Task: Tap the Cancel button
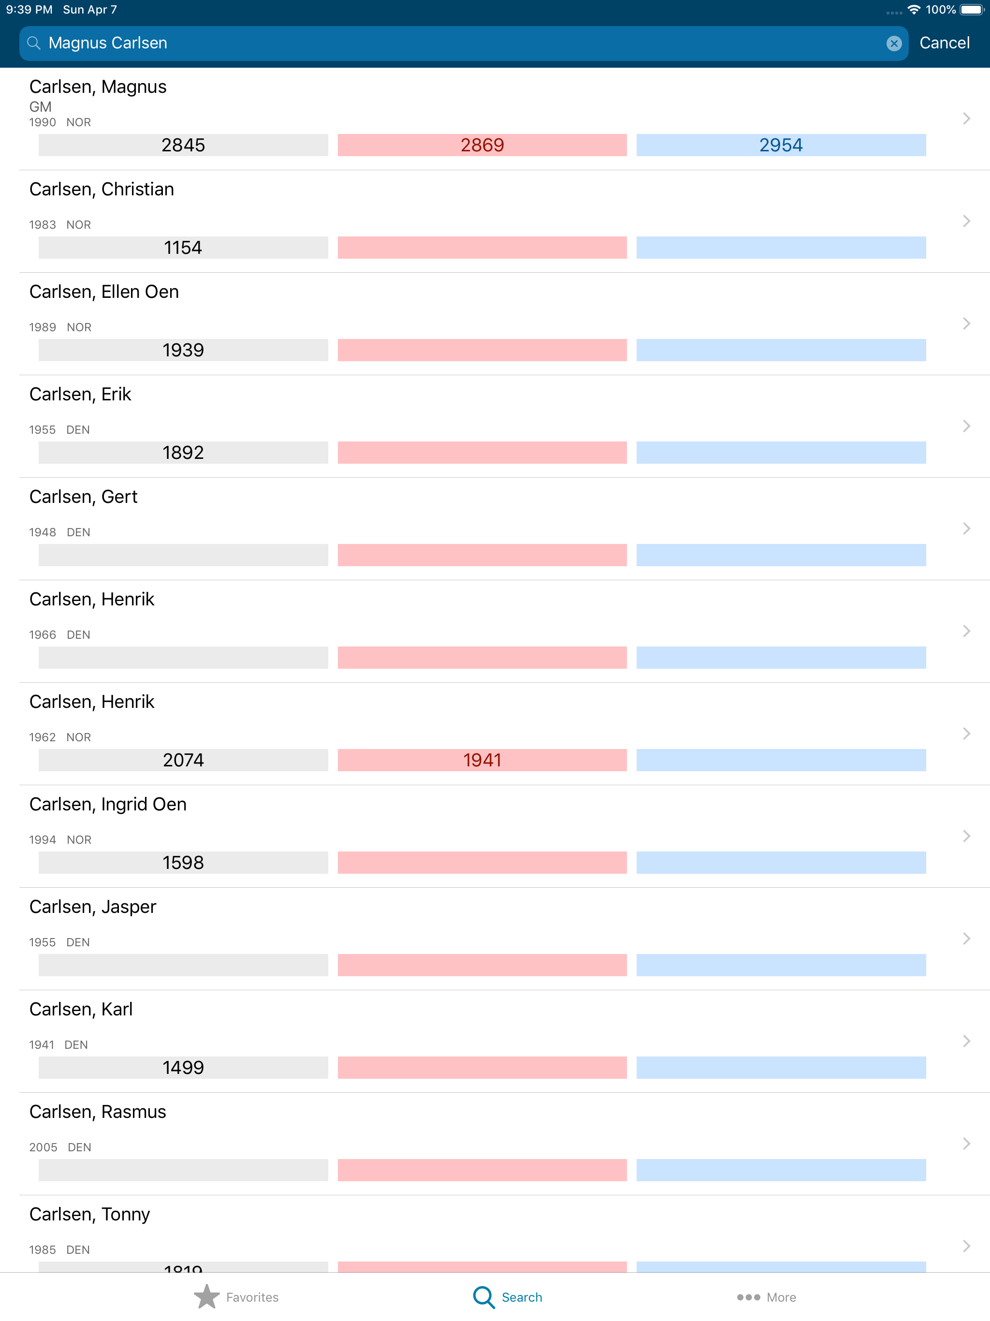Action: coord(944,43)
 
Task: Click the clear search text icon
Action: coord(893,43)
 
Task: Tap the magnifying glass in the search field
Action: coord(34,43)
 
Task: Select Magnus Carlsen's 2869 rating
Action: coord(482,145)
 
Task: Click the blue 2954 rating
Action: coord(780,145)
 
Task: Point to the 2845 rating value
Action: coord(183,145)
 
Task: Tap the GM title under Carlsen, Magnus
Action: coord(41,107)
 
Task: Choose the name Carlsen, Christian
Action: coord(102,190)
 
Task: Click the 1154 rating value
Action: coord(183,248)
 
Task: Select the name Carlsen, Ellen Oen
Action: coord(104,292)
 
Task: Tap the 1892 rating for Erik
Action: coord(183,453)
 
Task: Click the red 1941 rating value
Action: coord(482,760)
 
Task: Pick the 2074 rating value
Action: coord(183,760)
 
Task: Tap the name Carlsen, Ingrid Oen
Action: coord(108,805)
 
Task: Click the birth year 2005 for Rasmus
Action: coord(43,1147)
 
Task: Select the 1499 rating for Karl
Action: coord(183,1068)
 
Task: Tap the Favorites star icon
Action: coord(206,1296)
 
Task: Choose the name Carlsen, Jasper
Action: coord(92,907)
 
